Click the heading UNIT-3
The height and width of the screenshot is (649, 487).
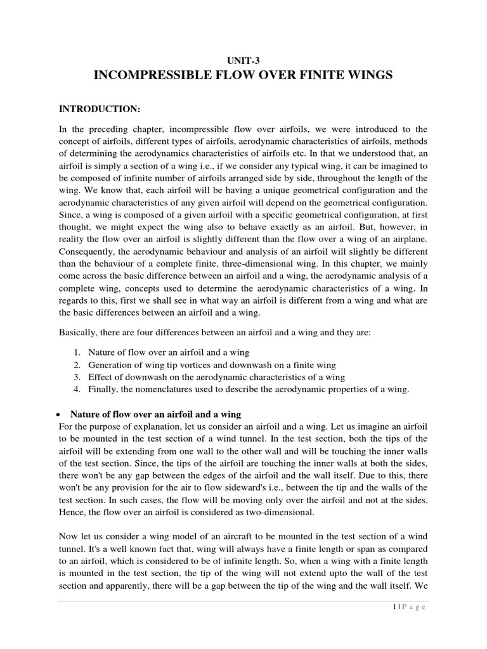[x=243, y=60]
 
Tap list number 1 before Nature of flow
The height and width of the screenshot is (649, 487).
[x=76, y=352]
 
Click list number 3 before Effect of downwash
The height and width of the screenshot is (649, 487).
[x=76, y=377]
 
